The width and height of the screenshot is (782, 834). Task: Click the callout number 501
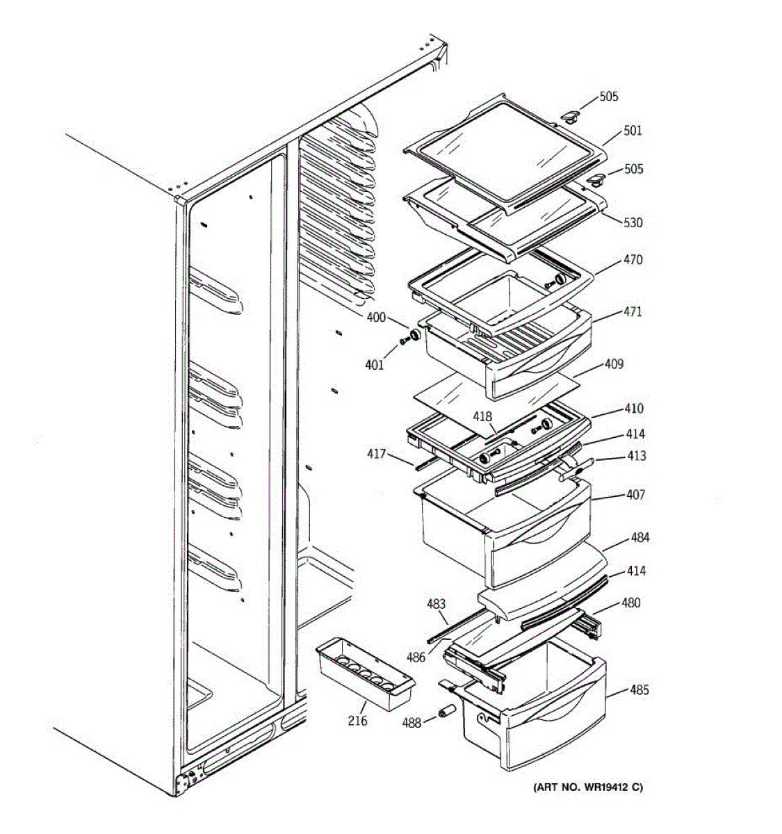(x=633, y=131)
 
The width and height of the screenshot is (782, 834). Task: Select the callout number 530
(x=633, y=223)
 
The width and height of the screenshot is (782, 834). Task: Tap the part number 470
(x=633, y=260)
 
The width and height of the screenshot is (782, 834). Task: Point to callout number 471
(x=633, y=312)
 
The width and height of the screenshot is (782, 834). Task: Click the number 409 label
(x=614, y=364)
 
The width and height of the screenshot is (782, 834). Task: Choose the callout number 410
(x=633, y=409)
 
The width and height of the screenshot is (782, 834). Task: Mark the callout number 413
(x=635, y=456)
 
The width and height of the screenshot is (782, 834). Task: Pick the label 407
(x=635, y=496)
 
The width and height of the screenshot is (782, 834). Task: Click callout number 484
(x=640, y=538)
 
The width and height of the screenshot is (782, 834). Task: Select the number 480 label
(x=630, y=603)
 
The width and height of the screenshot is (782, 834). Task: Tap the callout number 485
(x=639, y=690)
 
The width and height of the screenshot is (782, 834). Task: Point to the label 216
(x=357, y=721)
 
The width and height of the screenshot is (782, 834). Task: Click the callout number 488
(x=412, y=723)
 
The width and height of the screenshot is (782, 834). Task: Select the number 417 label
(x=377, y=455)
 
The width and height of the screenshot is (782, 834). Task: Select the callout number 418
(x=482, y=416)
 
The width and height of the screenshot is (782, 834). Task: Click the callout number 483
(x=436, y=605)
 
